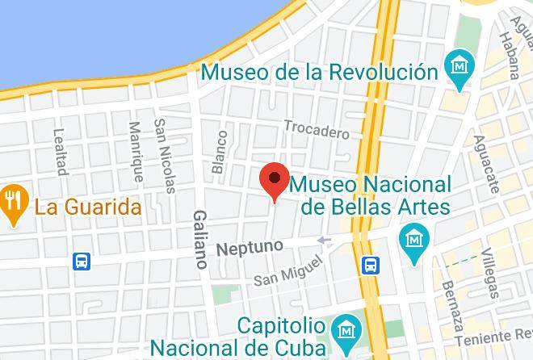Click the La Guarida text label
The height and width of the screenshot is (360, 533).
point(88,207)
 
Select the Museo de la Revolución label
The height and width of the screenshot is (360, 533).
point(320,71)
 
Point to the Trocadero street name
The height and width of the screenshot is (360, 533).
point(316,129)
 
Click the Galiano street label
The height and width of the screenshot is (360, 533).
point(200,239)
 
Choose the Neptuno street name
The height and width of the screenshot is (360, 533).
point(250,245)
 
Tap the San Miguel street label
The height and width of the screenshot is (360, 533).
point(287,270)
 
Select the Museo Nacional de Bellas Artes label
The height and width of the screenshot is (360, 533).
point(370,195)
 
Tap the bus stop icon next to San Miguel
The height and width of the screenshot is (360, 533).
point(371,265)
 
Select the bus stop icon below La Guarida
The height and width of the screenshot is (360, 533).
point(82,261)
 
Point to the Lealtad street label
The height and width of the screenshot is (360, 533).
point(59,152)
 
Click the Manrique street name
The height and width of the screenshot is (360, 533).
point(135,152)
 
